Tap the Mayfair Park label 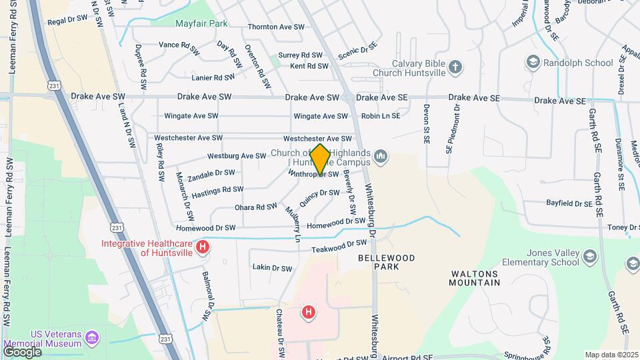[201, 24]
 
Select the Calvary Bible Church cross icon [456, 67]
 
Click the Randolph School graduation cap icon [533, 63]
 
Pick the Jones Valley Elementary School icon [589, 257]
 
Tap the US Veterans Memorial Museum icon [92, 337]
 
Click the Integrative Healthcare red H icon [204, 247]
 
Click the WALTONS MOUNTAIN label [475, 278]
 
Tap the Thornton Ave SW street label [276, 27]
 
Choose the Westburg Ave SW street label [237, 156]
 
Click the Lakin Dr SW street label [272, 268]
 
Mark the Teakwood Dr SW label [339, 247]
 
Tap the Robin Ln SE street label [381, 116]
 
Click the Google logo [22, 351]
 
